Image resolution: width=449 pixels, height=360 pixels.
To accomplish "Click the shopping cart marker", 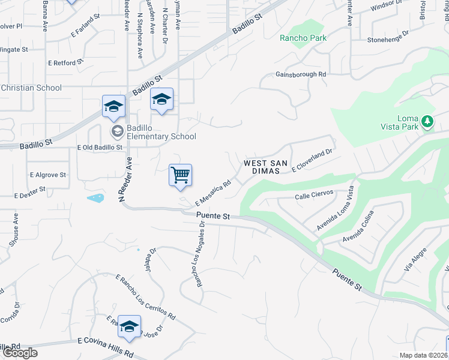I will (180, 176).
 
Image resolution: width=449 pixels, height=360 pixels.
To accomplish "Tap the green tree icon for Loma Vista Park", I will (427, 122).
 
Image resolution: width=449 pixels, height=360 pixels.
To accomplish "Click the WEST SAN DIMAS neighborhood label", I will (266, 167).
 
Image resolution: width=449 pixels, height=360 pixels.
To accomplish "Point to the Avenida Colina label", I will (358, 227).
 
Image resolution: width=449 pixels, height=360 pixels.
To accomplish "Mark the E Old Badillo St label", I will (100, 147).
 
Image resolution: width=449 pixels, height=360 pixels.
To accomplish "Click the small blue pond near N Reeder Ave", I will (95, 197).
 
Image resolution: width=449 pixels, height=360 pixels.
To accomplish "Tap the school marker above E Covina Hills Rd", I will (129, 327).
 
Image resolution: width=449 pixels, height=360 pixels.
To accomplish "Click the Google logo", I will (20, 353).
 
